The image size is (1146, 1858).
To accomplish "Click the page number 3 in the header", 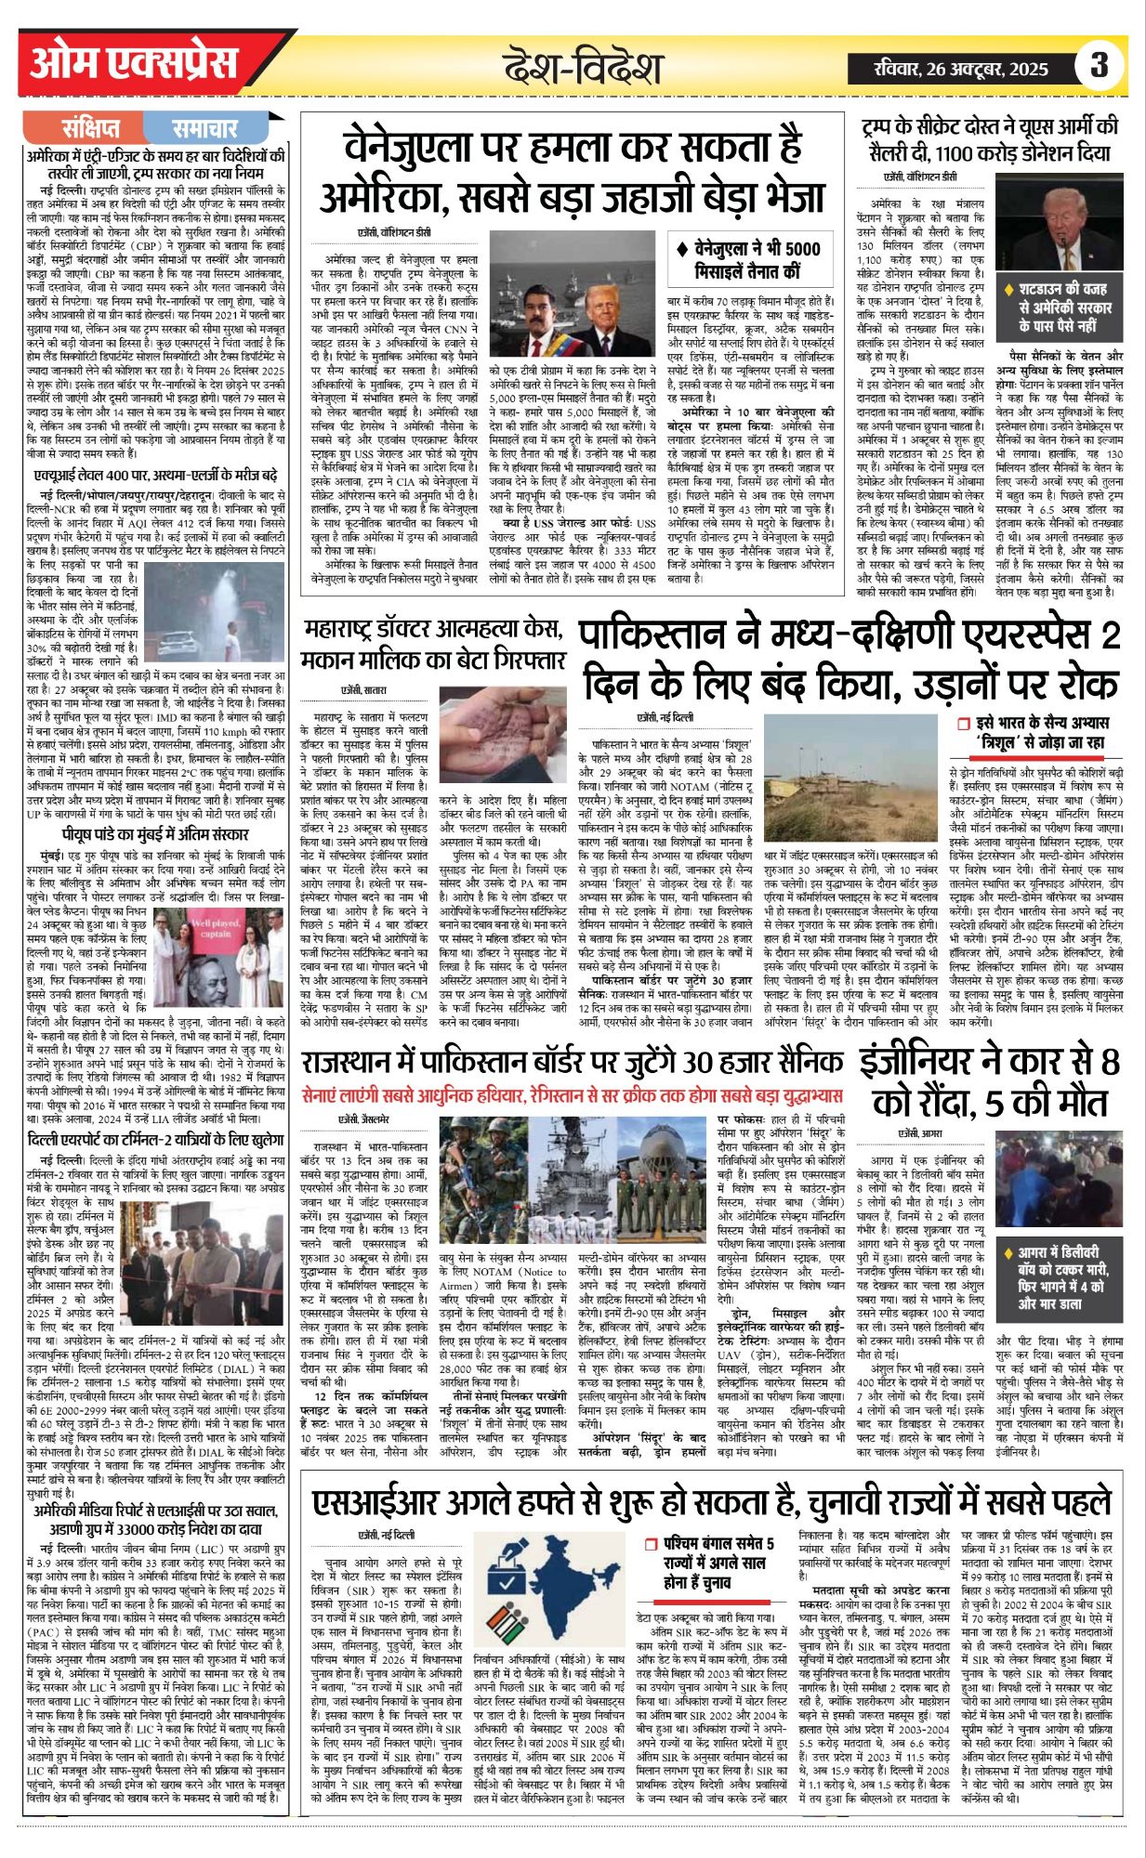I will [1100, 67].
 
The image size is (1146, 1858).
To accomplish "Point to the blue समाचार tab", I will [205, 128].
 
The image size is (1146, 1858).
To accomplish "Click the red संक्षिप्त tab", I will [91, 128].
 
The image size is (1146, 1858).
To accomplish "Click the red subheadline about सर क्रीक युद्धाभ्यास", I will [573, 1095].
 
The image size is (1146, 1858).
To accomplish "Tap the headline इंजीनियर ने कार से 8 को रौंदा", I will [989, 1084].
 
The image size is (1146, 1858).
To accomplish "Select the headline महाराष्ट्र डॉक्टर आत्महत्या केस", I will [434, 647].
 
